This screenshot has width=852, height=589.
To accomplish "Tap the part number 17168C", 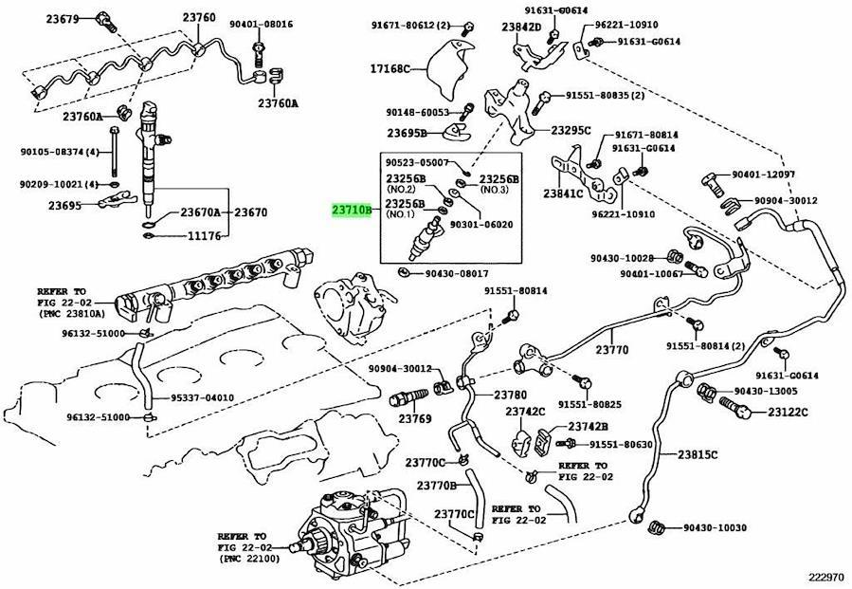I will click(x=390, y=69).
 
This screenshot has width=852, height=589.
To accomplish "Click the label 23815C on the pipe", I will click(x=697, y=454).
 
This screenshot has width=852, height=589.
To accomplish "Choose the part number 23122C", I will click(x=788, y=413).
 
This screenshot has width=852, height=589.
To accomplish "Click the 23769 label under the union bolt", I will click(x=414, y=418).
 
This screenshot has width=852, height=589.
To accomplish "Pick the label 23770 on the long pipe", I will click(x=611, y=350).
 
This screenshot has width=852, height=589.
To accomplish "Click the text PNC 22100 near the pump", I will click(x=248, y=560).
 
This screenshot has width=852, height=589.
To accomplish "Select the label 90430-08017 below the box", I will click(x=461, y=274).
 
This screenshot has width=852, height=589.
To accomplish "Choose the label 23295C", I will click(x=571, y=130).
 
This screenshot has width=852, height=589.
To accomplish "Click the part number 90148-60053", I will click(x=417, y=112).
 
